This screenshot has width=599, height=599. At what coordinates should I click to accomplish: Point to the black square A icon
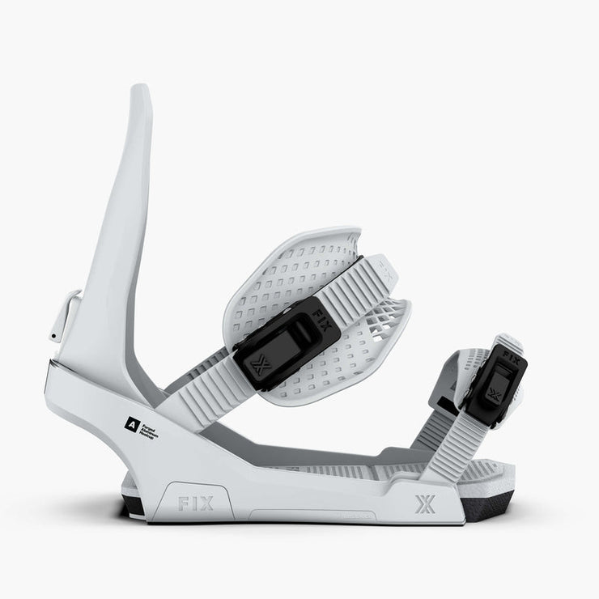129,422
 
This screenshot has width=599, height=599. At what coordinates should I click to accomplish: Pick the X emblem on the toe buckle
494,394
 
